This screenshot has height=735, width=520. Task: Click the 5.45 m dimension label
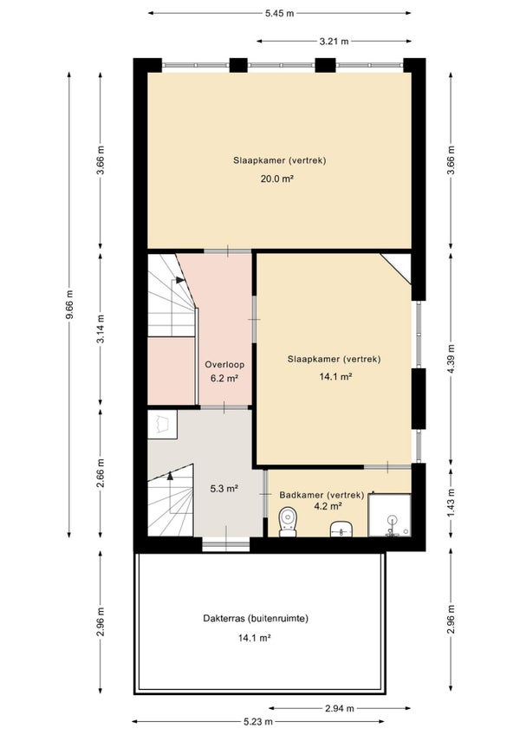(279, 13)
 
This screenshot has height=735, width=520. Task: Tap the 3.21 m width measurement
(335, 42)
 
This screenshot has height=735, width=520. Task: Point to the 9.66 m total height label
(69, 304)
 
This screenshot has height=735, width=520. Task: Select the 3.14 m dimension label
(101, 328)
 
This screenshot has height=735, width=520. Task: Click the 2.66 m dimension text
(101, 473)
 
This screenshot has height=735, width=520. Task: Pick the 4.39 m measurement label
(451, 359)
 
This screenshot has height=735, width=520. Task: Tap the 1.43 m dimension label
(451, 503)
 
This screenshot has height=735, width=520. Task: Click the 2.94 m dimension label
(340, 708)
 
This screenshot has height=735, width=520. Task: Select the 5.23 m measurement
(258, 721)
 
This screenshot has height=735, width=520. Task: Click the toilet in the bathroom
(288, 522)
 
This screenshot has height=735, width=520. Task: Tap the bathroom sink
(342, 530)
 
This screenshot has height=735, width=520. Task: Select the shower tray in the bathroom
(389, 515)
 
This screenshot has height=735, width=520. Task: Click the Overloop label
(224, 364)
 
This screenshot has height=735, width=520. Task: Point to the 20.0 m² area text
(277, 179)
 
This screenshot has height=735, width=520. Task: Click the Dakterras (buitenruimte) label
(256, 619)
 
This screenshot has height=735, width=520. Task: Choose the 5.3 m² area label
(224, 489)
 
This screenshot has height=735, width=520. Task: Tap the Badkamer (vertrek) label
(322, 495)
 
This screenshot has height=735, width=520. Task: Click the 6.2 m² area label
(224, 378)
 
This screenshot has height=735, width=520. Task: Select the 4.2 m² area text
(328, 506)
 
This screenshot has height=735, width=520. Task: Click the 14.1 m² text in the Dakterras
(255, 638)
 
